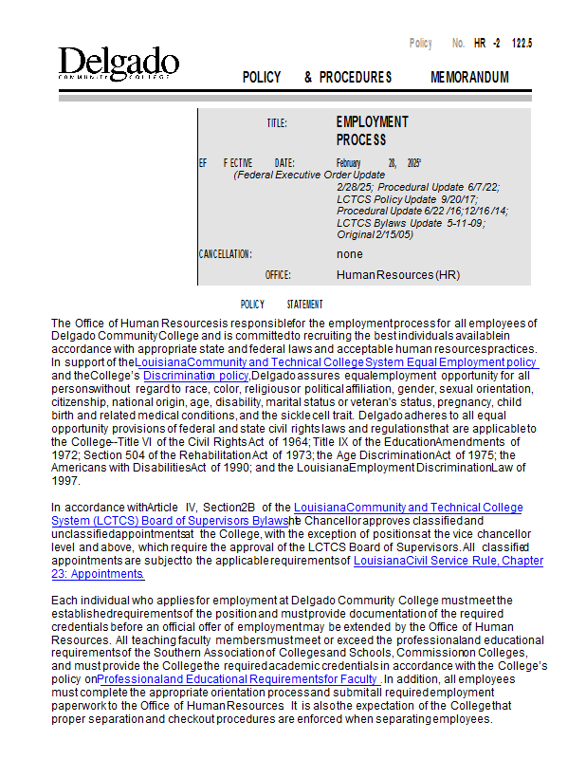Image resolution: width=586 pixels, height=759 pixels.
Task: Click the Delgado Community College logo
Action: point(118,64)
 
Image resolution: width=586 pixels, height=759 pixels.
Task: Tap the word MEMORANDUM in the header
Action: point(469,77)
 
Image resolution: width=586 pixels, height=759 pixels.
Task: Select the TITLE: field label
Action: point(276,123)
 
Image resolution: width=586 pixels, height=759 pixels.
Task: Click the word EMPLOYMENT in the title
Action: point(372,122)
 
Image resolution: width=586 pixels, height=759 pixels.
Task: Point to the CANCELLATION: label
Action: point(225,254)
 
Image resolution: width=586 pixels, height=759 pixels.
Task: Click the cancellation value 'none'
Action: point(349,254)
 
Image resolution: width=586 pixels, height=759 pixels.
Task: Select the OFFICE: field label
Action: point(278,275)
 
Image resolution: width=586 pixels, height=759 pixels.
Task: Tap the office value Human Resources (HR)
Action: point(398,275)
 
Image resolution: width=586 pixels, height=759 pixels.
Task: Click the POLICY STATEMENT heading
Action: point(282,305)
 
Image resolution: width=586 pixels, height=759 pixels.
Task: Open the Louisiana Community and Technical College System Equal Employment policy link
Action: point(337,362)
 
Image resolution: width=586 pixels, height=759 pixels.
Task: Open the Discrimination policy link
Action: point(196,376)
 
